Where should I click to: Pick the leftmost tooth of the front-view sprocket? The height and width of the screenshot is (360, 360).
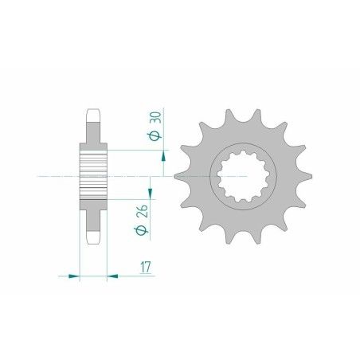point(179,174)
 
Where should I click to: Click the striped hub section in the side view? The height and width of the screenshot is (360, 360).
point(92,175)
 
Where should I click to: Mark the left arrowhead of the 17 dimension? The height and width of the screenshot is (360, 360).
point(73,276)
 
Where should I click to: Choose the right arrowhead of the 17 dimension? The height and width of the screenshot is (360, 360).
point(113,276)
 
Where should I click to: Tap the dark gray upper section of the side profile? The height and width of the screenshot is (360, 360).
point(92,135)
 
